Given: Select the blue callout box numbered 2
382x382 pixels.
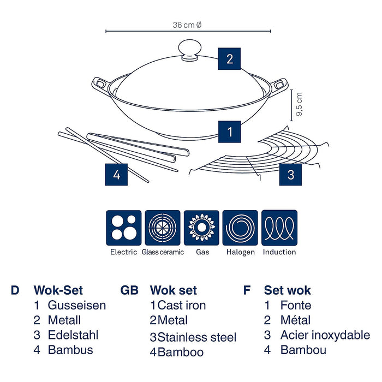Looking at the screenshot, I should [230, 58].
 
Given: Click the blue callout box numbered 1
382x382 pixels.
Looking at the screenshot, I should [230, 131].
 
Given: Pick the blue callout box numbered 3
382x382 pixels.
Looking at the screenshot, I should [291, 175].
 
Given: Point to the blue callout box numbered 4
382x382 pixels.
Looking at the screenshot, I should [116, 175].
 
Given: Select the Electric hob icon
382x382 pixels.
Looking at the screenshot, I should [124, 228].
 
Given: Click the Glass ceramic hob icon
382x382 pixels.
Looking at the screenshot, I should [163, 228].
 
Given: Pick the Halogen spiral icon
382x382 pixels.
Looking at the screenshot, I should [241, 228].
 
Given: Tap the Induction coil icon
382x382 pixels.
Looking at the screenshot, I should [279, 228].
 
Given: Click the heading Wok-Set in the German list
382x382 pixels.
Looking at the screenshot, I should [58, 290].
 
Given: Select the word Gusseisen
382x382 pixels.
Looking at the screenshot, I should [77, 305].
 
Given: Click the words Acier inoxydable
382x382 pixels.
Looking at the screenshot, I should [325, 335].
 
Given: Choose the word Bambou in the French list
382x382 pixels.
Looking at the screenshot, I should [303, 350].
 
